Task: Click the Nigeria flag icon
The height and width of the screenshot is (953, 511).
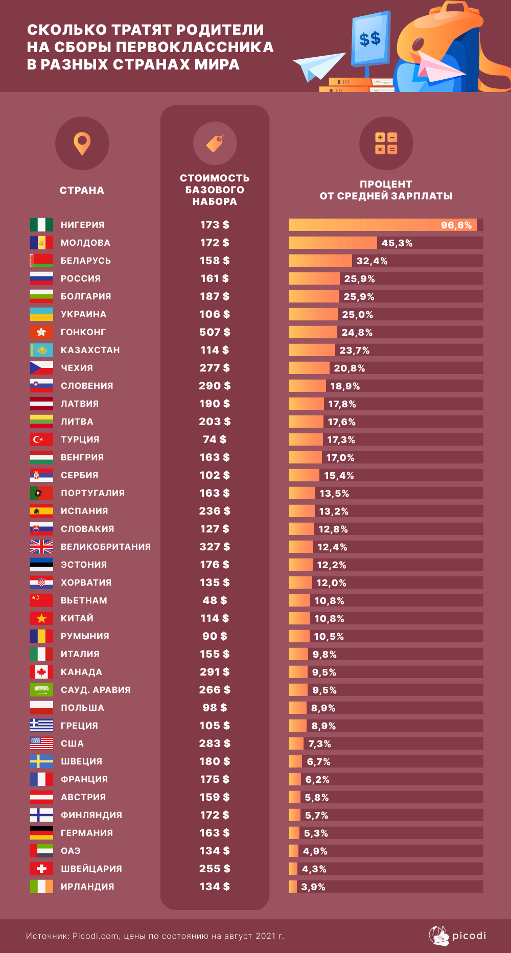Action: point(41,225)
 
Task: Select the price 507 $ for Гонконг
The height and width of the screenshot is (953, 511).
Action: point(215,332)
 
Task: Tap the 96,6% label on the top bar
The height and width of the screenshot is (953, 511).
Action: point(456,225)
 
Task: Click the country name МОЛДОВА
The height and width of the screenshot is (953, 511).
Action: point(85,243)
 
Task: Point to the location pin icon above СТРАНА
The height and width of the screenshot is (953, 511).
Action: point(82,144)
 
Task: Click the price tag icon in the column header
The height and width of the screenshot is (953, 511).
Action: point(215,144)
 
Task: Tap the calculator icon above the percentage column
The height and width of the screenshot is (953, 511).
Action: point(386,144)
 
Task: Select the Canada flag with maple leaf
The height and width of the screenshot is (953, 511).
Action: point(41,672)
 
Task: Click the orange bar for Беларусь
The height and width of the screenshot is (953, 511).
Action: point(320,261)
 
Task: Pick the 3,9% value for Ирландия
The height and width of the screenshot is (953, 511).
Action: point(313,887)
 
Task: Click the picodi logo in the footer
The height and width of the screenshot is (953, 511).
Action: point(457,936)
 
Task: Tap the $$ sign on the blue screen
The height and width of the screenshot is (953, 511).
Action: point(370,38)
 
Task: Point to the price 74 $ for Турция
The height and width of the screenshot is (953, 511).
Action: point(215,439)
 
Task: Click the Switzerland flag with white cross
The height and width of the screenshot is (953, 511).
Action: point(41,869)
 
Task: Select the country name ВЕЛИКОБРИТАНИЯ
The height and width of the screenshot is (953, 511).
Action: point(106,547)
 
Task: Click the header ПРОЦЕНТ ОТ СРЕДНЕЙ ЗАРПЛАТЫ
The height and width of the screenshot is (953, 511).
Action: point(386,190)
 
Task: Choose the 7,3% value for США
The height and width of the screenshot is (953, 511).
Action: point(319,743)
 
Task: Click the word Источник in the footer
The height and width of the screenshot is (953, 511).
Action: point(47,936)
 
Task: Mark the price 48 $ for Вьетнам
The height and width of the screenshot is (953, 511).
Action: point(215,600)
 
